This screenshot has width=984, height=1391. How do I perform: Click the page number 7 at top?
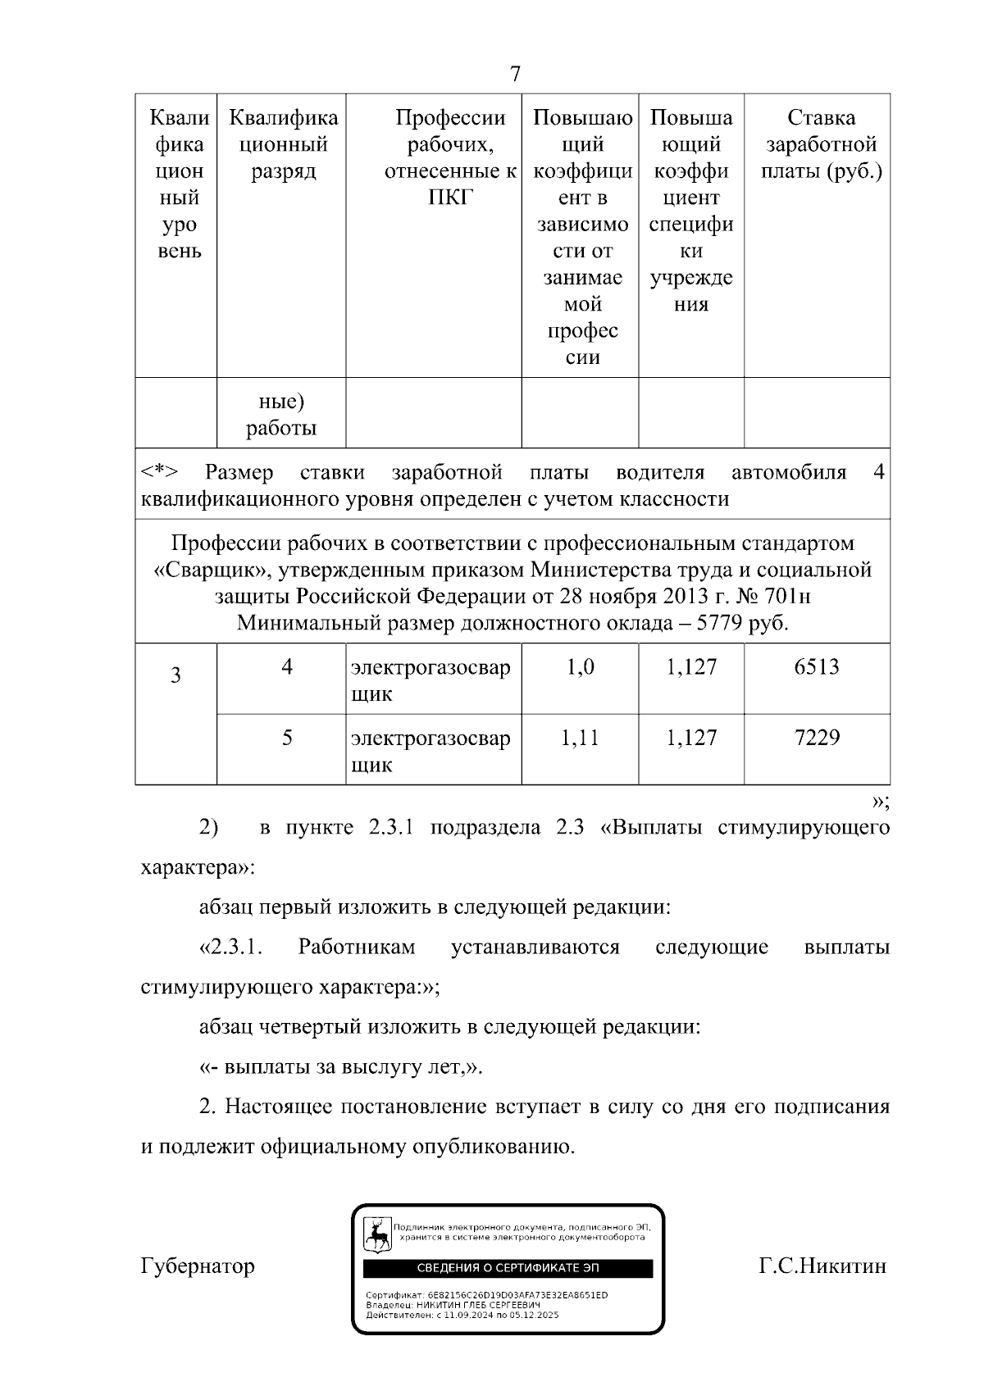tap(514, 75)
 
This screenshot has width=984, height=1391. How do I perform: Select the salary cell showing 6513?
tap(817, 667)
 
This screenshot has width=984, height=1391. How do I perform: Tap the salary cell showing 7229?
tap(817, 738)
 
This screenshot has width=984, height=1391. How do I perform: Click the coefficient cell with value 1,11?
tap(580, 738)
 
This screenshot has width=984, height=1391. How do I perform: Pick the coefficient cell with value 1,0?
tap(580, 667)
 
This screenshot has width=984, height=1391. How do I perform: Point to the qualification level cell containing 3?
tap(175, 676)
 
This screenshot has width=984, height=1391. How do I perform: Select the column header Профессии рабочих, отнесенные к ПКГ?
tap(451, 158)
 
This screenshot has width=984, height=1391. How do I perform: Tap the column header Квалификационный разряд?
tap(283, 145)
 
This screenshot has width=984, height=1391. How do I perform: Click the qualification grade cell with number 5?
tap(287, 738)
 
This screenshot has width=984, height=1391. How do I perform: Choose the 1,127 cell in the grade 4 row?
tap(691, 667)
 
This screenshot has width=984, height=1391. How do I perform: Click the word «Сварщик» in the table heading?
tap(205, 570)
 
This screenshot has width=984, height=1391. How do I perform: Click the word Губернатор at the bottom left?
tap(198, 1266)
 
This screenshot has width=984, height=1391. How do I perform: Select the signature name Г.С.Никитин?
tap(822, 1266)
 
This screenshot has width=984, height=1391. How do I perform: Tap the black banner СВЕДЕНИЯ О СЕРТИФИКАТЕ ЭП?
tap(508, 1268)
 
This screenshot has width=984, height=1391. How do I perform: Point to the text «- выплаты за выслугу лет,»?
tap(341, 1067)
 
